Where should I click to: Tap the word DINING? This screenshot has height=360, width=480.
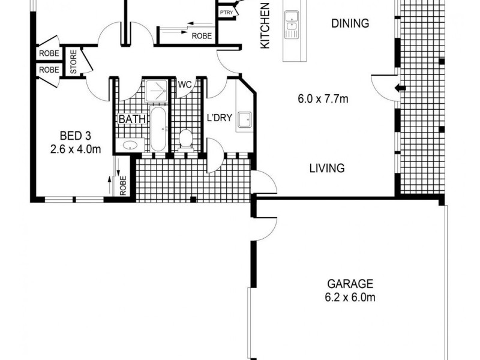coord(350,24)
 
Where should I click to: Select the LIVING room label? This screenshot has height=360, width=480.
coord(327,168)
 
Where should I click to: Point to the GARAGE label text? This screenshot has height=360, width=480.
coord(350,284)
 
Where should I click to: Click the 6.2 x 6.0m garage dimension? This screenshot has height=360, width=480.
coord(350,296)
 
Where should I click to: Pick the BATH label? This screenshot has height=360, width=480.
coord(131,119)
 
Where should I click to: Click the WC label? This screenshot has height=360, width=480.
coord(184,85)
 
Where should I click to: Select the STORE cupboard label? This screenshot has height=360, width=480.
coord(74,62)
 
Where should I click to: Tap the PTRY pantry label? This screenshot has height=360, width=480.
coord(226,11)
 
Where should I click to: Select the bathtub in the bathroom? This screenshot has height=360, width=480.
coord(158,128)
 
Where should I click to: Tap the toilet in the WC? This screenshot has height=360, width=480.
coord(185,138)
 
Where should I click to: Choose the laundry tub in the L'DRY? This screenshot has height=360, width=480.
coord(244,121)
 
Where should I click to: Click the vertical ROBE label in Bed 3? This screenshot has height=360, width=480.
coord(123,185)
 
